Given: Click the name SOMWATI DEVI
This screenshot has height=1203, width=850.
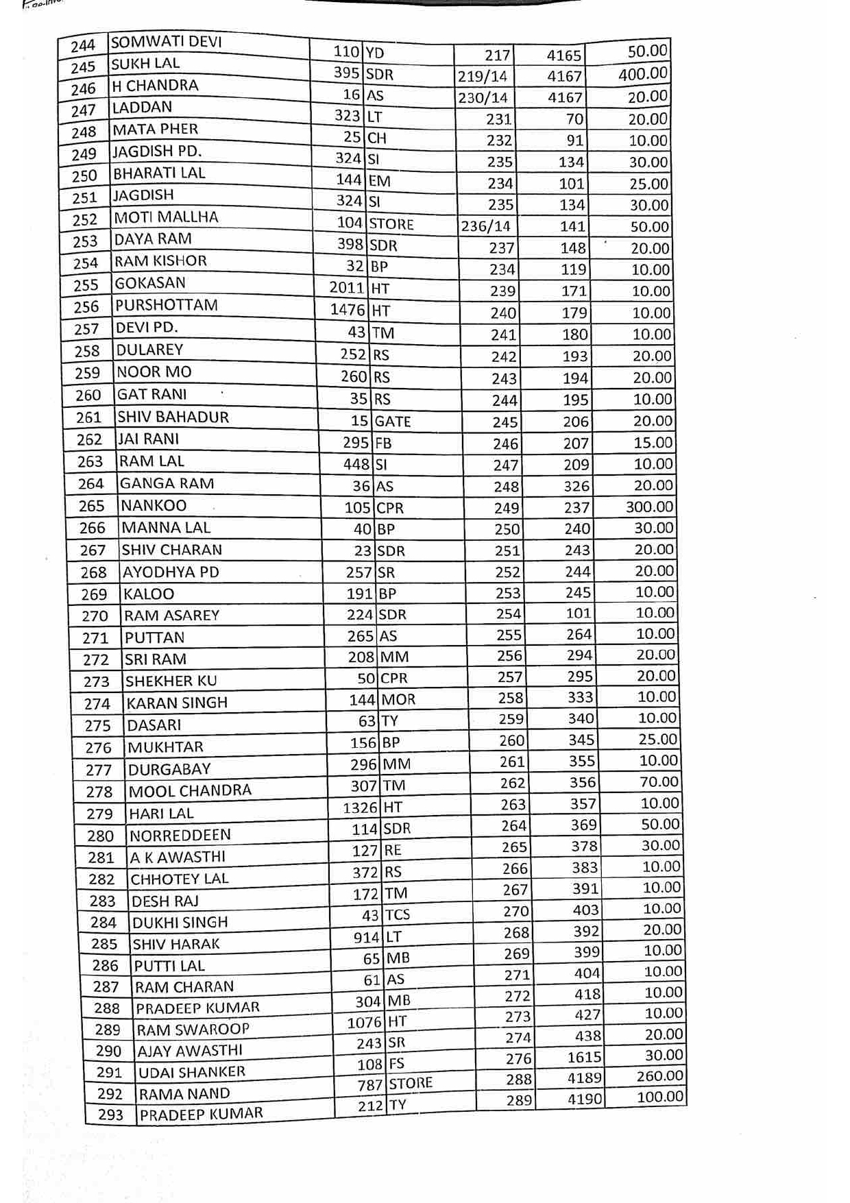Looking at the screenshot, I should (166, 42).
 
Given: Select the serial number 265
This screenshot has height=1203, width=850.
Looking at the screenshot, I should (91, 506).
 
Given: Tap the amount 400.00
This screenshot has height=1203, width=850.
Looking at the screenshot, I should (642, 74).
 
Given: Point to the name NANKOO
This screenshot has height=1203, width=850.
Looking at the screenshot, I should (154, 506).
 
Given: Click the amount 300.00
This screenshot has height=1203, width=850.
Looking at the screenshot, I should (649, 507).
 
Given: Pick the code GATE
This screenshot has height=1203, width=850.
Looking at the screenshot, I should (393, 422).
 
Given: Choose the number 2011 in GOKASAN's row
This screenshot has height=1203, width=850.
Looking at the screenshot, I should (347, 288).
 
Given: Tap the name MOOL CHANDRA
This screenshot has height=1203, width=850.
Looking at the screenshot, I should (190, 791).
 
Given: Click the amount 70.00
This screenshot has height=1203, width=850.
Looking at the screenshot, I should (659, 782).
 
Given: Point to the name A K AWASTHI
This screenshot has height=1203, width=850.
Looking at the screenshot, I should (178, 857).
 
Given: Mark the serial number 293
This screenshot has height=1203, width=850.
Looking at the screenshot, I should (110, 1115).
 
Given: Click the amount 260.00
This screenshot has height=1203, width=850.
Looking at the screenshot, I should (660, 1076).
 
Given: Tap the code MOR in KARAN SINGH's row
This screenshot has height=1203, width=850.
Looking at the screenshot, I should (398, 700).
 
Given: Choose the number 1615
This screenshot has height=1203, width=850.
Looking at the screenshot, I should (584, 1057).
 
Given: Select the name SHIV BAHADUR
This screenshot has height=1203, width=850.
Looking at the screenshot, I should (173, 417).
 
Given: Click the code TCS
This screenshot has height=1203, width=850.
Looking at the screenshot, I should (398, 914).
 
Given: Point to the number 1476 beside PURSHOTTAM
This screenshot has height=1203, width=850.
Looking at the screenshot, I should (348, 310).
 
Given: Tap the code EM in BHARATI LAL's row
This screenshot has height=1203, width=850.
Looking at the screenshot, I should (379, 181).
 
